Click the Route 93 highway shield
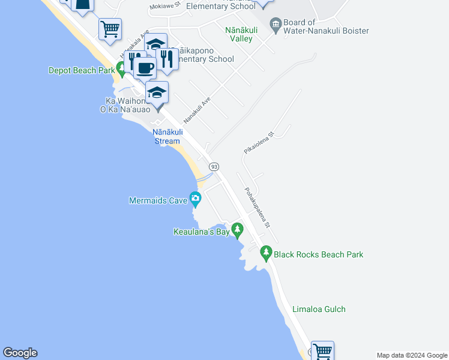(214, 166)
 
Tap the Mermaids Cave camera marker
(194, 198)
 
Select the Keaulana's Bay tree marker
(238, 229)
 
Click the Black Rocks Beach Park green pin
(267, 253)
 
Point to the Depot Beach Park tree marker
(122, 69)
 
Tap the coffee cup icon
(145, 67)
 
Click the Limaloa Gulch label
(319, 310)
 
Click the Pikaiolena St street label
(259, 143)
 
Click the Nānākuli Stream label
(167, 136)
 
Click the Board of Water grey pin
(276, 24)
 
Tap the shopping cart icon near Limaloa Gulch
(322, 350)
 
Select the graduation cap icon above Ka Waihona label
(157, 92)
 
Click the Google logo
(20, 353)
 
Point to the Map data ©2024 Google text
(412, 355)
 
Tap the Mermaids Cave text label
(158, 200)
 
